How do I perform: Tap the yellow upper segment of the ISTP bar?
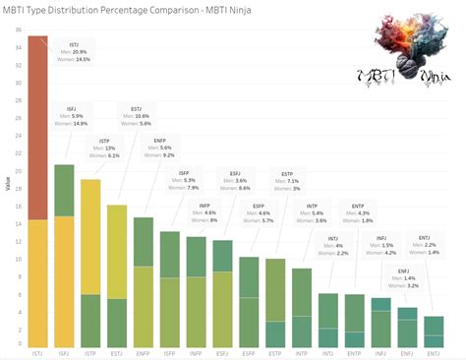[x=90, y=236]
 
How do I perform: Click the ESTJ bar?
[x=117, y=275]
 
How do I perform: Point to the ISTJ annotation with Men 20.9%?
[x=74, y=52]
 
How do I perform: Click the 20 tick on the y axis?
[x=18, y=170]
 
